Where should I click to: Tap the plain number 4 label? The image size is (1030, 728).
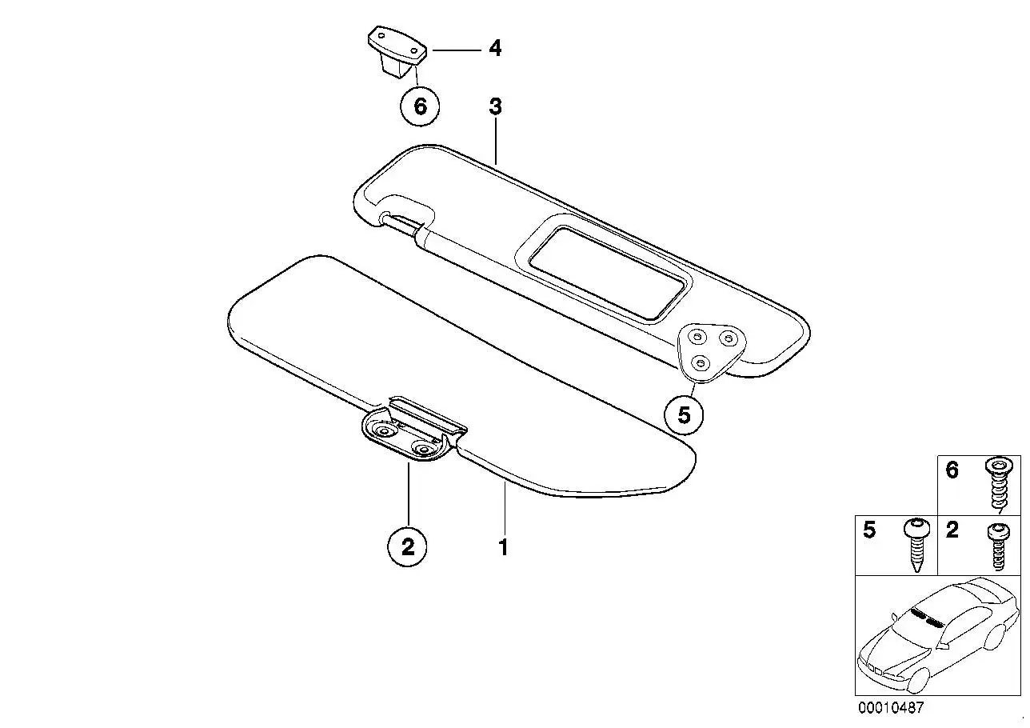pyautogui.click(x=495, y=49)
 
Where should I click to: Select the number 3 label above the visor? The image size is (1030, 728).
pyautogui.click(x=495, y=106)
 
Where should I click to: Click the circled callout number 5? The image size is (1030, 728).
pyautogui.click(x=685, y=415)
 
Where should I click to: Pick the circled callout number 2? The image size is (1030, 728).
pyautogui.click(x=407, y=547)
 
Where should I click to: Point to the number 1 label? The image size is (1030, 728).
pyautogui.click(x=504, y=547)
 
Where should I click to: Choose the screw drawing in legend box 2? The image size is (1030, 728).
pyautogui.click(x=999, y=546)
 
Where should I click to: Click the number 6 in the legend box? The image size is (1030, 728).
pyautogui.click(x=952, y=470)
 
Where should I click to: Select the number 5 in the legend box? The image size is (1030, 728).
pyautogui.click(x=869, y=530)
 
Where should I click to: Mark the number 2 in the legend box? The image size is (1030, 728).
pyautogui.click(x=952, y=530)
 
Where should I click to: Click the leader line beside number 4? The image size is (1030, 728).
pyautogui.click(x=454, y=50)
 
